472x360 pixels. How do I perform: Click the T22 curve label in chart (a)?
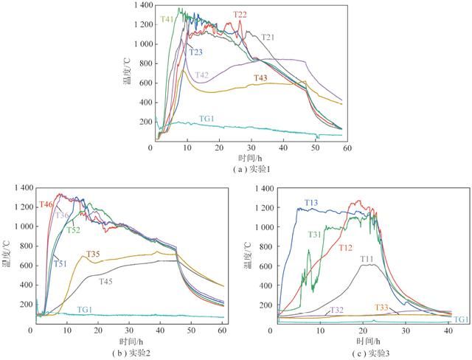point(240,15)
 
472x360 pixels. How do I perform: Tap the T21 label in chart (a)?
point(268,37)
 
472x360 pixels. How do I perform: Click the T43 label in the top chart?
point(261,78)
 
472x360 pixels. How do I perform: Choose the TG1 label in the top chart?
point(207,118)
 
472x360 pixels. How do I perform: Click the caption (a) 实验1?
point(241,168)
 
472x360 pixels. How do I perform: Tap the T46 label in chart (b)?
point(46,204)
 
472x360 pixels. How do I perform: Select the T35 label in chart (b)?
point(93,255)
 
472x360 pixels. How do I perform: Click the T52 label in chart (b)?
point(74,230)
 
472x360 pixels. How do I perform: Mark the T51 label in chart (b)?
point(59,263)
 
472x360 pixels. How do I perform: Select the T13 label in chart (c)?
point(311,202)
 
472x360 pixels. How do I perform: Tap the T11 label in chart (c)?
point(367,259)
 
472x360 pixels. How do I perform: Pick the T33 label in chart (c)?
point(382,307)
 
